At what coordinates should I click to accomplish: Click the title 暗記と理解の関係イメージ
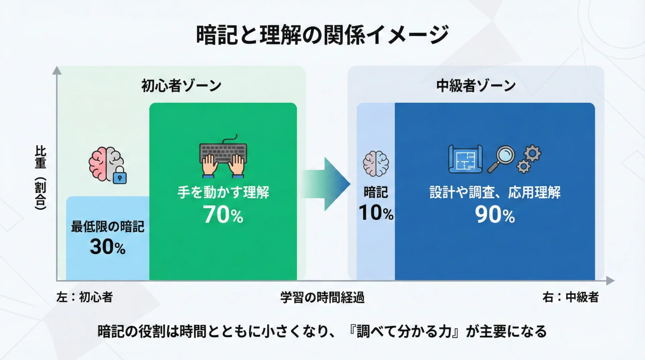coord(322,35)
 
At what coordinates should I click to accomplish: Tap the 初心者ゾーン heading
coord(181,86)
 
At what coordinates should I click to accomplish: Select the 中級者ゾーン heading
coord(476,86)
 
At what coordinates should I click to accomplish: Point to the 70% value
coord(223,215)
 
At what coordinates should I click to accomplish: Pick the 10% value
coord(376,213)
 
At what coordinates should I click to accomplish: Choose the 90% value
coord(495,215)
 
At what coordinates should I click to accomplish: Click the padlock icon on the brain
coord(120,175)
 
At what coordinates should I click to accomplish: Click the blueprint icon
coord(466,159)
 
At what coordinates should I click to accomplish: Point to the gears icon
coord(529,159)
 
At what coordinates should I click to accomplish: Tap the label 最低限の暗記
coord(107,227)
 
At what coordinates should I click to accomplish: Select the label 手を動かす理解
coord(223,193)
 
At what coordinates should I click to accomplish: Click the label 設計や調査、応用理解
coord(495,193)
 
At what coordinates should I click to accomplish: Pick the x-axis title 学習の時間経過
coord(322,298)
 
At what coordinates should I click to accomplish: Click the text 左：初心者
coord(85,297)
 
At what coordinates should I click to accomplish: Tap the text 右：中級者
coord(570,297)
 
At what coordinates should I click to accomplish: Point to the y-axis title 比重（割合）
coord(41,178)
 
